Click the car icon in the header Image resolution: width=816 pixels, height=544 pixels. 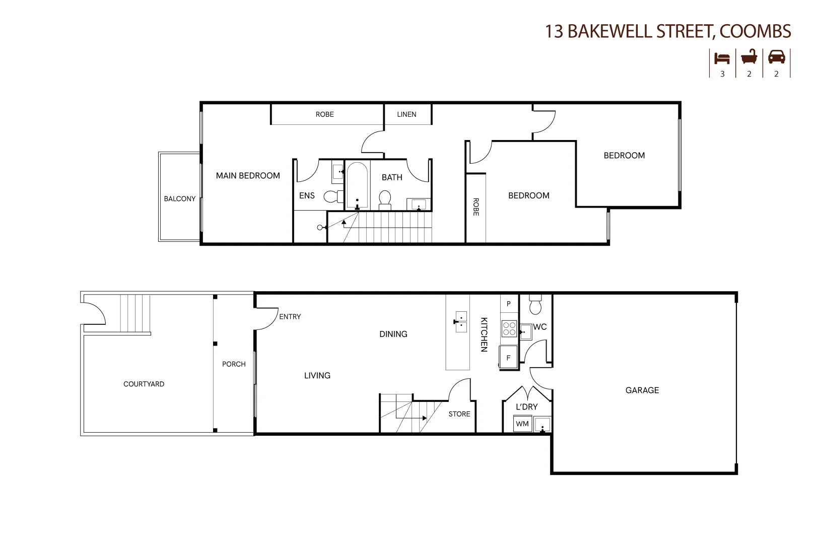coord(776,57)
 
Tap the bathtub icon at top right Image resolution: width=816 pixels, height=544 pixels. coord(749,57)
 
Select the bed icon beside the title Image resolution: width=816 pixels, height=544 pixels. coord(722,57)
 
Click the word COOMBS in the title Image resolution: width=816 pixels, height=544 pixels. coord(755,31)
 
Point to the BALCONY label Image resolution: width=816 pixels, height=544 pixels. coord(179,198)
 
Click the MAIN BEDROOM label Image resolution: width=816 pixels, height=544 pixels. coord(248,175)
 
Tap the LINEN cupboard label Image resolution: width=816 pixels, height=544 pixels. coord(406,114)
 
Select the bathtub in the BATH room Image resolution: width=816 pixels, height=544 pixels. coord(357,185)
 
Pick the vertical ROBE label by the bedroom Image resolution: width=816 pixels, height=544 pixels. coord(475,207)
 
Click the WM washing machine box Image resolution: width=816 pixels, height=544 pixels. coord(522,424)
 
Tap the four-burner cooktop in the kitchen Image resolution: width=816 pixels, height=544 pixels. coord(509,329)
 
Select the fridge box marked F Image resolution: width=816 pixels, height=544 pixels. coord(508,358)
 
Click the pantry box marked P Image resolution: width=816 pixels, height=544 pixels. coord(509,304)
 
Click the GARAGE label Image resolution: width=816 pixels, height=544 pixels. coord(642,390)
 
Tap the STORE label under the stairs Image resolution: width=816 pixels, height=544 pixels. coord(459,414)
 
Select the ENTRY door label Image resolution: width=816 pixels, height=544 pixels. coord(290,316)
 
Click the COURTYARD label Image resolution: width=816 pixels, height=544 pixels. coord(144,384)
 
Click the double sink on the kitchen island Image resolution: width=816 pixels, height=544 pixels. coord(461,322)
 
